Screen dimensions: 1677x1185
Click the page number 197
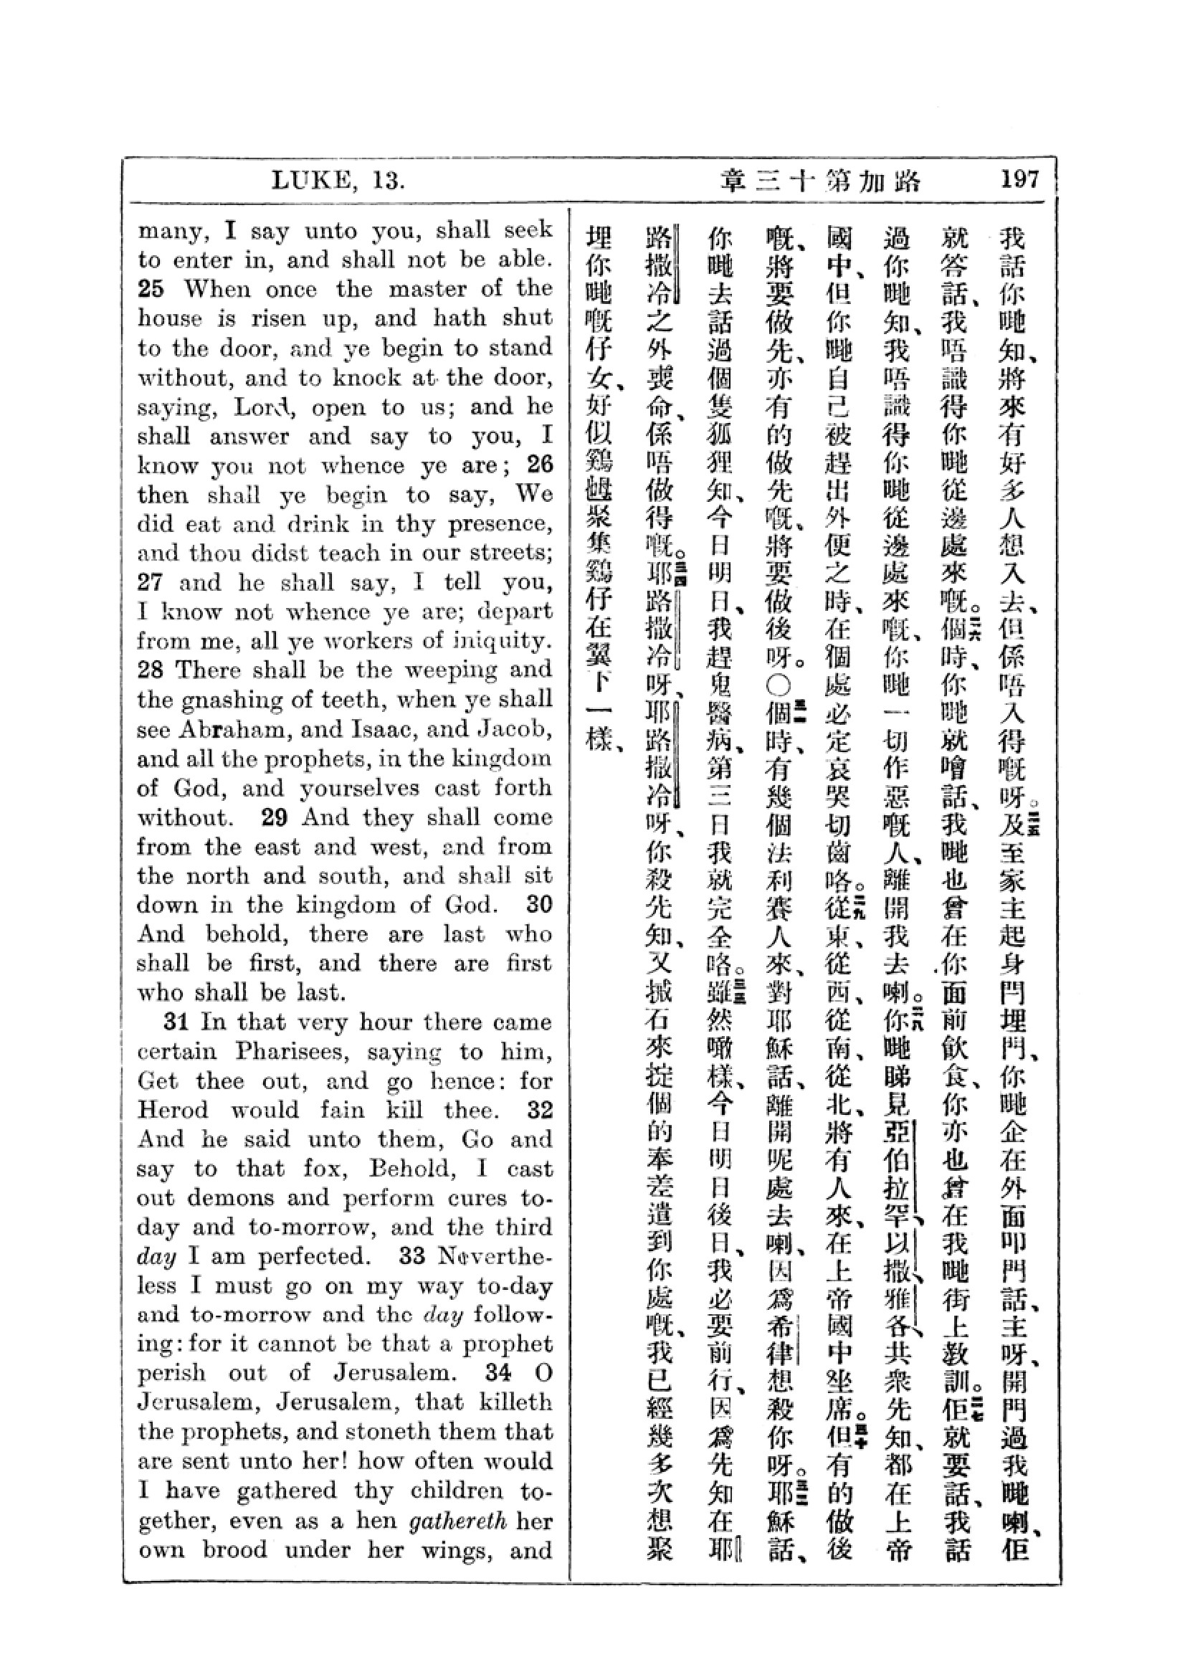(1019, 179)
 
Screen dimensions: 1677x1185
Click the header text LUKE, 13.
(338, 180)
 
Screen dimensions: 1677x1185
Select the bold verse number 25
(151, 289)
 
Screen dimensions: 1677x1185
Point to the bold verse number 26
(540, 465)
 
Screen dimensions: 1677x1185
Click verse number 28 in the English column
(151, 670)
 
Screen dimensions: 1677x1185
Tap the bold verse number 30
(540, 904)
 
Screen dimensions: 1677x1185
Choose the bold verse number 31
(179, 1021)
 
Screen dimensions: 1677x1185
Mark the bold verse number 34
(499, 1373)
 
